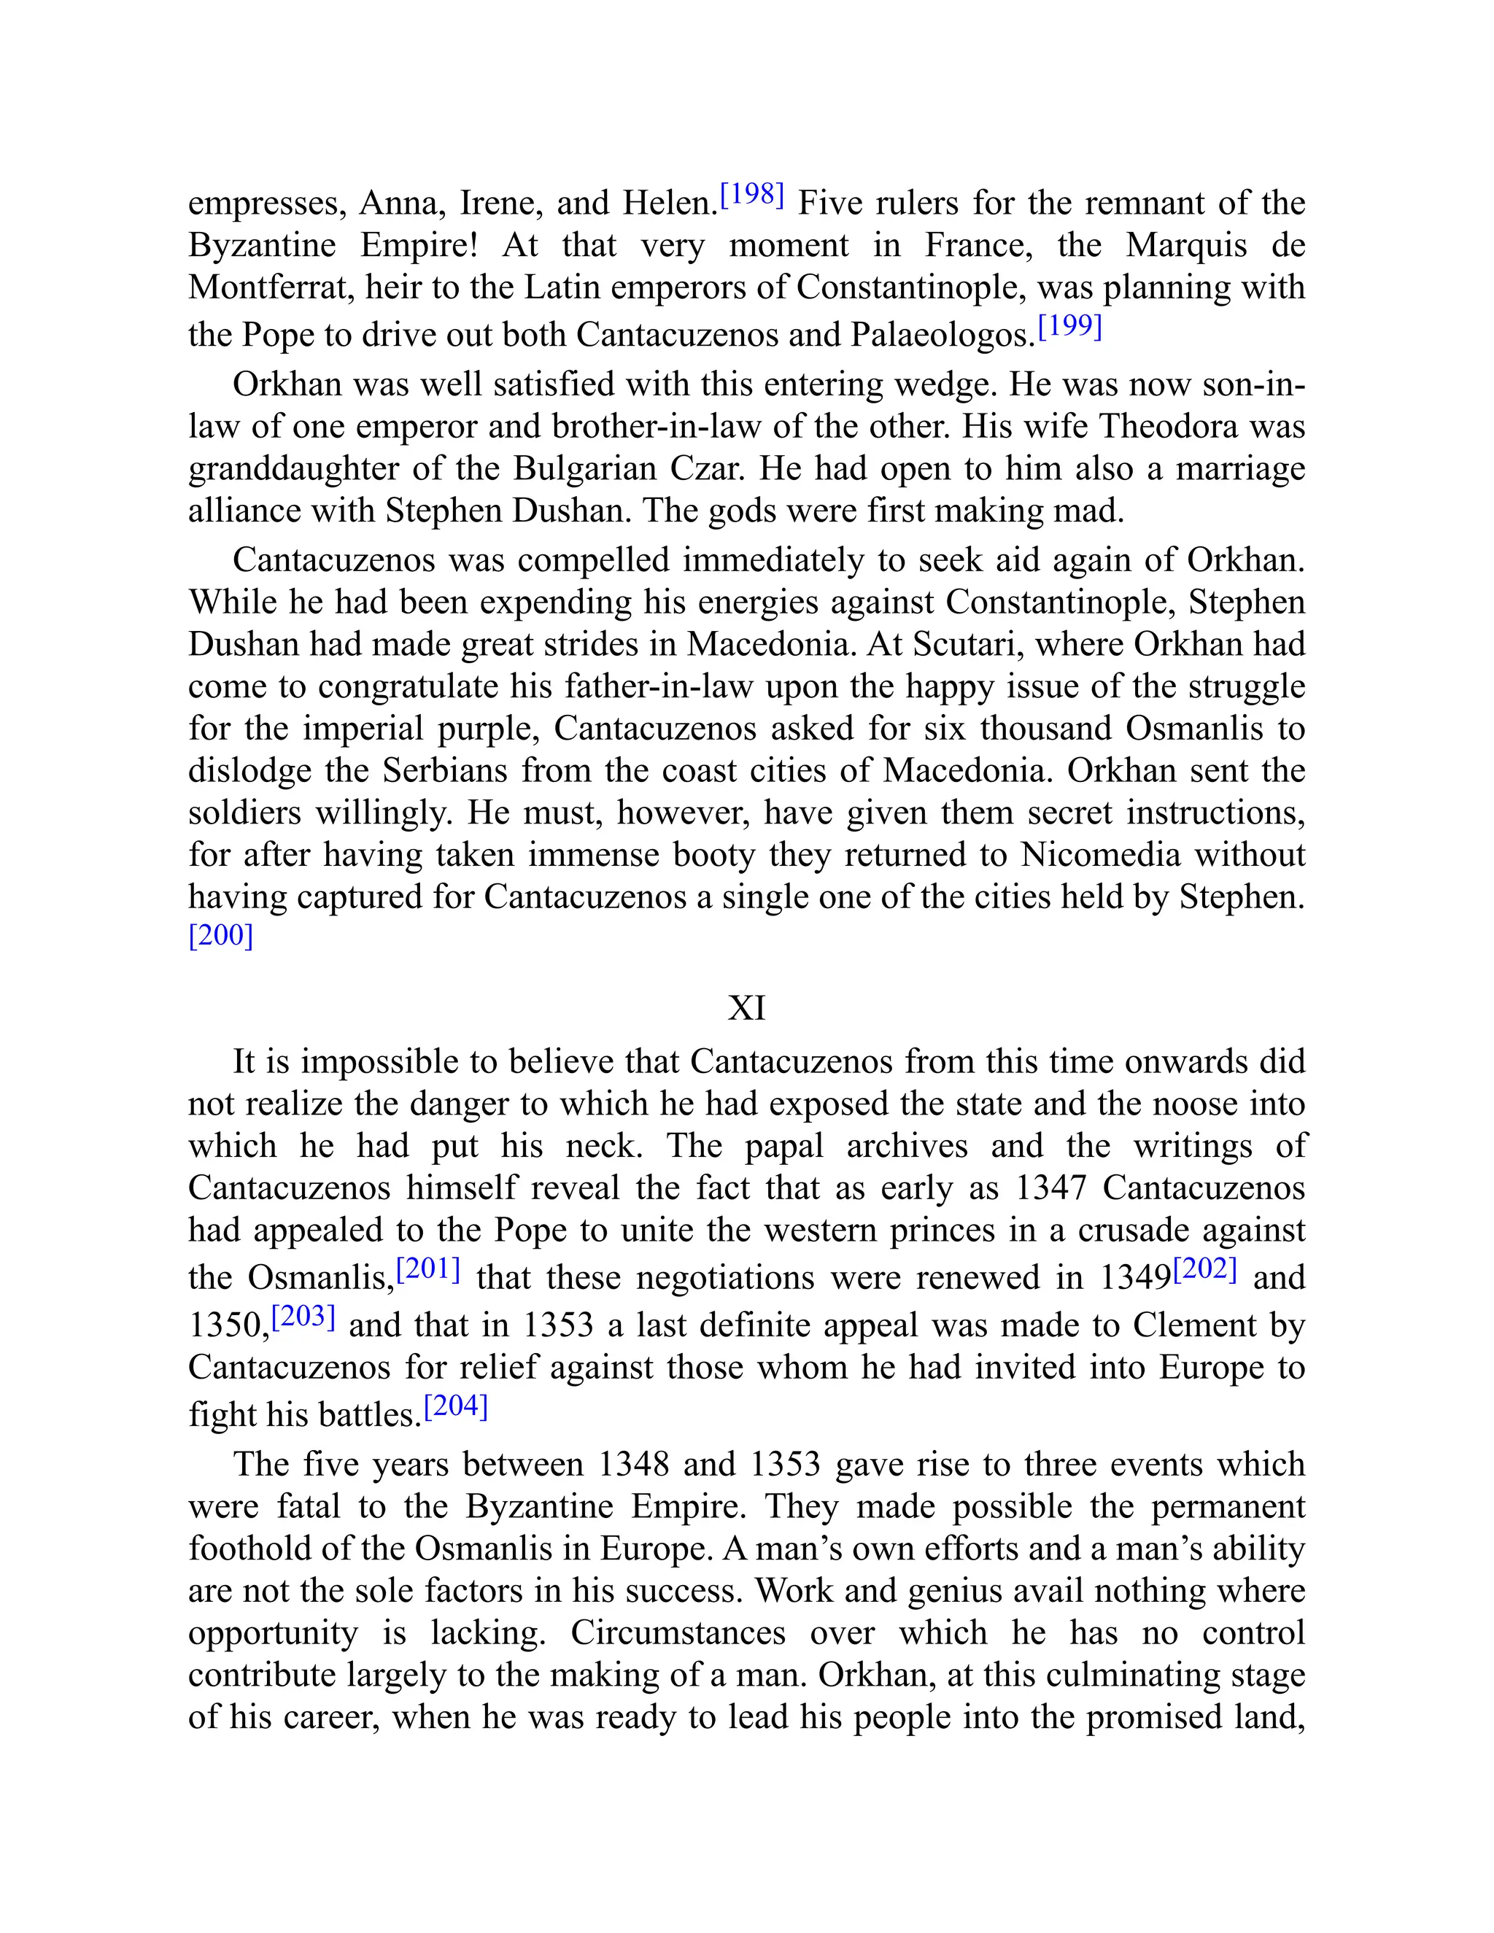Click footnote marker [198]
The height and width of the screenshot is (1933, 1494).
point(752,194)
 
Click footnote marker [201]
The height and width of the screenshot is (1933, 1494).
point(428,1269)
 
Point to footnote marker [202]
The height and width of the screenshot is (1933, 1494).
point(1204,1269)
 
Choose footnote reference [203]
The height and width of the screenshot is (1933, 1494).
point(303,1316)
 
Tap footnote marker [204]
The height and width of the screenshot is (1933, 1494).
point(456,1406)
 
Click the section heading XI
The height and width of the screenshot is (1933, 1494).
point(746,1007)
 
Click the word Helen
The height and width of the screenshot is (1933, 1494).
point(670,204)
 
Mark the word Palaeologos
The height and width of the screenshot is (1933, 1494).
point(943,335)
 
